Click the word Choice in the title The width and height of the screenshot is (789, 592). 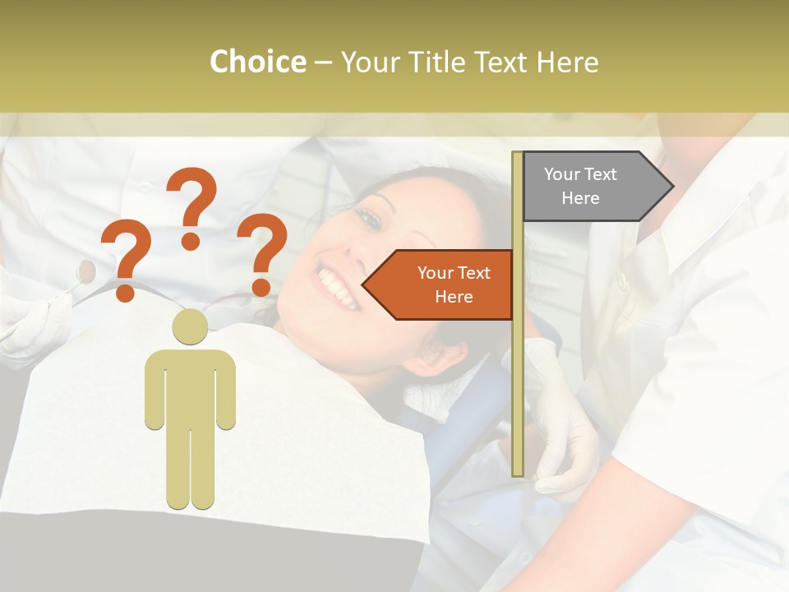point(257,62)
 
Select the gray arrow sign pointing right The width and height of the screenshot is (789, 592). point(592,186)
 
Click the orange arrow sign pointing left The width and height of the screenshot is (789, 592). point(444,284)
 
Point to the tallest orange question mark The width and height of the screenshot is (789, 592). point(192,206)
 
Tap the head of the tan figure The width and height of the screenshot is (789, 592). point(190,326)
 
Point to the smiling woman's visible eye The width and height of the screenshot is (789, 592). point(371,218)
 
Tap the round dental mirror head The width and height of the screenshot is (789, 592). point(85,268)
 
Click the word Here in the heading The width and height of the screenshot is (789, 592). point(568,62)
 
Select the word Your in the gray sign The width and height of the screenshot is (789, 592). point(562,174)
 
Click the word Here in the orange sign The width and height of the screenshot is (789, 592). point(454,297)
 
